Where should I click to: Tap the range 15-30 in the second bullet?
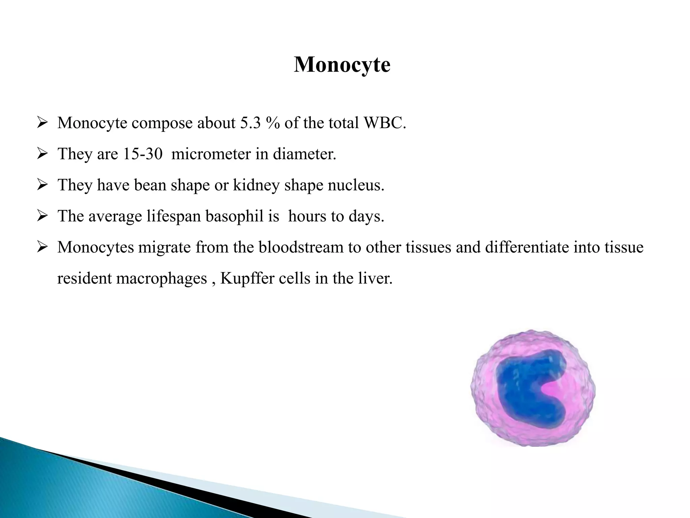click(x=143, y=154)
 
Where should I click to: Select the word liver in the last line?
click(x=375, y=278)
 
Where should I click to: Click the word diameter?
click(x=304, y=154)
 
